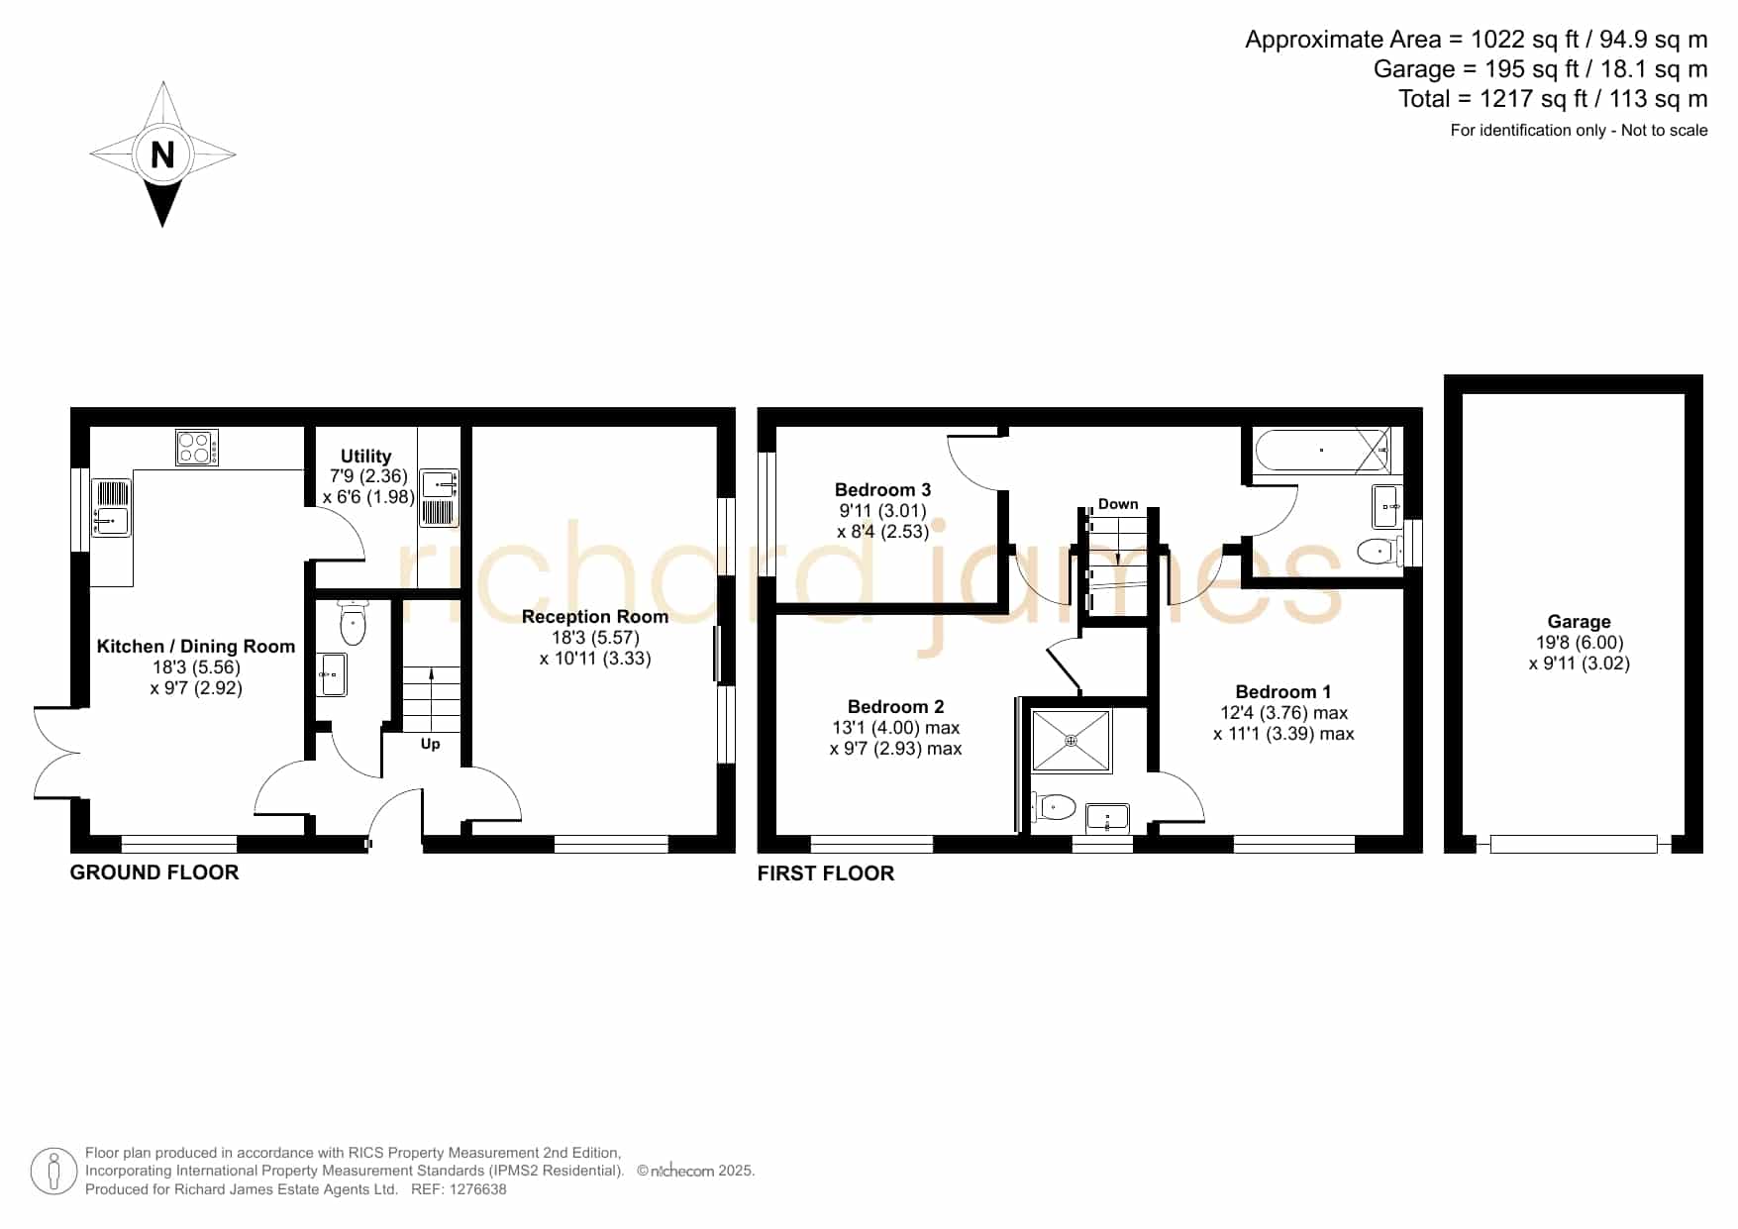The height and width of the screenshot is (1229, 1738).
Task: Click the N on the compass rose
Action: (162, 154)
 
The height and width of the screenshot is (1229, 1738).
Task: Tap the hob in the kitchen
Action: (197, 447)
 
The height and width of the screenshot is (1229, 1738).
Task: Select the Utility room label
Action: (365, 456)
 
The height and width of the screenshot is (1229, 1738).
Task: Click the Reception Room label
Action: (595, 616)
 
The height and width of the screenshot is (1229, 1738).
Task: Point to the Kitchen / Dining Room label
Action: (196, 646)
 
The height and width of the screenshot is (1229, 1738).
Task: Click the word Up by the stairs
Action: (430, 744)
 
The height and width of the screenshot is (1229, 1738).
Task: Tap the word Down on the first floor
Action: (1118, 504)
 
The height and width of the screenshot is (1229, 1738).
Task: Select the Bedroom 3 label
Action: (882, 489)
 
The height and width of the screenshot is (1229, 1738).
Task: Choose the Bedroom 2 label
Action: (895, 706)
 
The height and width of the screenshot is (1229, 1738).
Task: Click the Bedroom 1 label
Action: (1283, 691)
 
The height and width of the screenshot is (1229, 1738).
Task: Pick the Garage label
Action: (1579, 621)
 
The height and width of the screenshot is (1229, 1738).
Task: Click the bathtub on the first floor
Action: (1322, 452)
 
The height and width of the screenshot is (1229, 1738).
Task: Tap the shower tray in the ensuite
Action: (1072, 741)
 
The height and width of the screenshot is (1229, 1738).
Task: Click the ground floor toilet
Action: (353, 622)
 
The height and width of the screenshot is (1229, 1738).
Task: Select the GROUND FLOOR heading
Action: (154, 872)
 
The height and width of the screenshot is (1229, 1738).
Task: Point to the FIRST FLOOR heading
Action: (826, 873)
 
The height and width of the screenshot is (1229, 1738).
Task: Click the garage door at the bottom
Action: (1574, 844)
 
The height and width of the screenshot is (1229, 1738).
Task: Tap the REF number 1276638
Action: (478, 1189)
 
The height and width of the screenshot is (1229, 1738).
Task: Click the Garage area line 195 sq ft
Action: (1540, 69)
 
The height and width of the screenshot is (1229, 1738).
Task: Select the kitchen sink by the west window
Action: (111, 508)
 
